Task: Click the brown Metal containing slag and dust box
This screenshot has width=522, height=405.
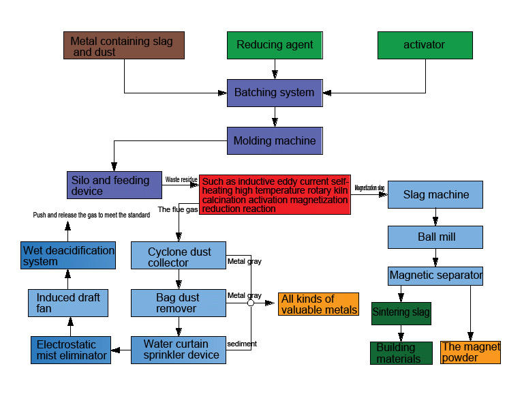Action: tap(123, 45)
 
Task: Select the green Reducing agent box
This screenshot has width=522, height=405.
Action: tap(275, 45)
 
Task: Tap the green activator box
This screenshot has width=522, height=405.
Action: tap(425, 45)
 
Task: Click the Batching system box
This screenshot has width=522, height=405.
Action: tap(275, 93)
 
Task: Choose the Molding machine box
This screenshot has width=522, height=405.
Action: tap(275, 140)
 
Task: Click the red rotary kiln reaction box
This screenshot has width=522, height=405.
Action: tap(275, 195)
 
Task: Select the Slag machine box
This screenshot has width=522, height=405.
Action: tap(435, 194)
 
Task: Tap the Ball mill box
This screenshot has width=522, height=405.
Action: tap(435, 237)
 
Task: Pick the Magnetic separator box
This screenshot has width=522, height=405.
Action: tap(435, 276)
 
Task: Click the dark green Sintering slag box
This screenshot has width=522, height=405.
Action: tap(401, 313)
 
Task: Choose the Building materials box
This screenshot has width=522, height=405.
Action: tap(401, 353)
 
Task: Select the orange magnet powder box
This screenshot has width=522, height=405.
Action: tap(470, 352)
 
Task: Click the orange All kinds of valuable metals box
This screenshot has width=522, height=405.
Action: tap(318, 304)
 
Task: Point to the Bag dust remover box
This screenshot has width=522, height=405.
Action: tap(178, 303)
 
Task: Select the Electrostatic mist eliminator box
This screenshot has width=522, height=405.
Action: tap(71, 350)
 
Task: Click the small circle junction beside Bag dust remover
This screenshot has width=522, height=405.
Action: tap(251, 303)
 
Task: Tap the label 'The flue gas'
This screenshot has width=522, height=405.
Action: tap(178, 209)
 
